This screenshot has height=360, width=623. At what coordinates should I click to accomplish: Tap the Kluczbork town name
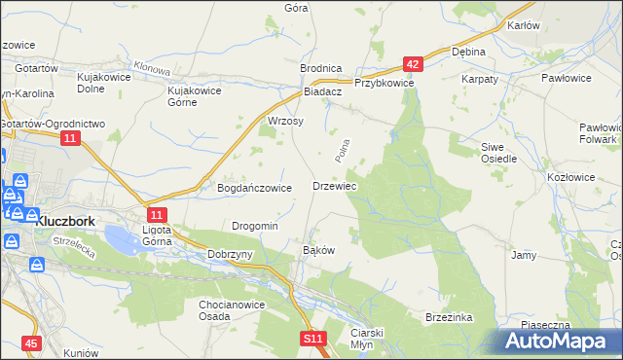coord(65,221)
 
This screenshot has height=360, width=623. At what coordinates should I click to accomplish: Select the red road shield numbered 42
coord(414,64)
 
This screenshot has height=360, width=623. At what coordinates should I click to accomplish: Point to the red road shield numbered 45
coord(32,343)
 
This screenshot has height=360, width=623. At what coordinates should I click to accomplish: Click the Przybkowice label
coord(385,84)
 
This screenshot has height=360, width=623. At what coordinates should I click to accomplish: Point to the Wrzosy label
coord(285,122)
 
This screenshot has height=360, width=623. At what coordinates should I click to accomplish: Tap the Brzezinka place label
coord(449,317)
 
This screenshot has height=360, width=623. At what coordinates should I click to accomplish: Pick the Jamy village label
coord(524,255)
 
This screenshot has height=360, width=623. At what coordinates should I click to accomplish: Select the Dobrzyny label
coord(231,254)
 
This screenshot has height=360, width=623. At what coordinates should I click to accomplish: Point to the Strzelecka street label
coord(73,245)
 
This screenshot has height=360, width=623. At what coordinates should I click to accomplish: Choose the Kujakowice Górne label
coord(196,95)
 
